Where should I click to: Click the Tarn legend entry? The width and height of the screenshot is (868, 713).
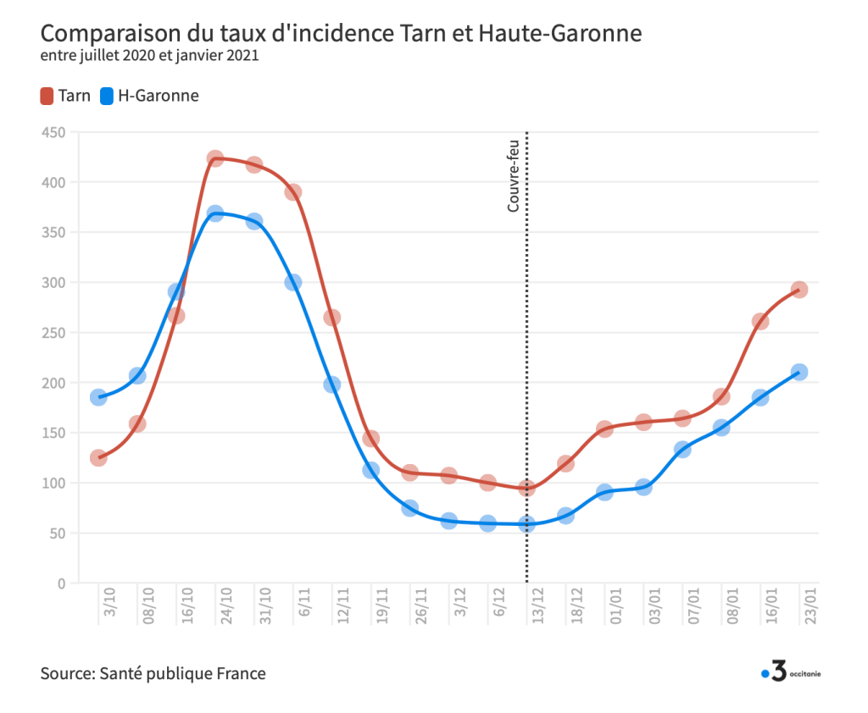click(65, 96)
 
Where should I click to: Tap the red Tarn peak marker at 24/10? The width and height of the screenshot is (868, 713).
click(215, 159)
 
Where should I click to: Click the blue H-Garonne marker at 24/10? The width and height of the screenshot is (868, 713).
click(215, 213)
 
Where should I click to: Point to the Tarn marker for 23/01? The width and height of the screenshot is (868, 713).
click(798, 290)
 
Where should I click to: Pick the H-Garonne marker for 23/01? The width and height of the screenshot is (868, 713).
click(798, 372)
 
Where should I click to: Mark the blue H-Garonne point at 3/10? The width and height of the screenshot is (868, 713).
click(98, 397)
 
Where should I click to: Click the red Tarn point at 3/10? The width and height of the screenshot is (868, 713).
click(98, 458)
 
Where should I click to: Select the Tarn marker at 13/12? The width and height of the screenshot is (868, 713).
click(526, 488)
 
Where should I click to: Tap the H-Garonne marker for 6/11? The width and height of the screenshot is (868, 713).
click(293, 282)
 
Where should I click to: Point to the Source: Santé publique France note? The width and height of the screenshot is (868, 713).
click(153, 674)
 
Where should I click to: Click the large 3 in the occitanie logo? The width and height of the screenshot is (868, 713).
click(779, 672)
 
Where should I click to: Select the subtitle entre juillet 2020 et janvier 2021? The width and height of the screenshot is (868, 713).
click(149, 56)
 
